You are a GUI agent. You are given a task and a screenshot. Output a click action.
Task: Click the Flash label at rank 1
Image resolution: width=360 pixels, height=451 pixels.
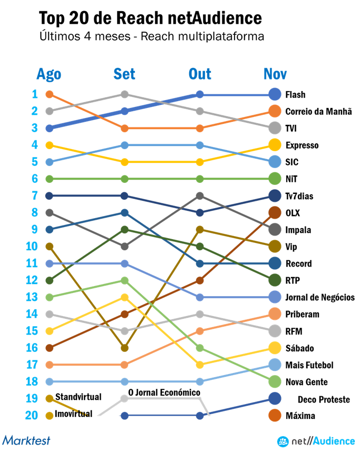coord(295,95)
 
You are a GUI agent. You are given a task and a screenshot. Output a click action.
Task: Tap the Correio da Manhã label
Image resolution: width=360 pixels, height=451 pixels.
coord(318,112)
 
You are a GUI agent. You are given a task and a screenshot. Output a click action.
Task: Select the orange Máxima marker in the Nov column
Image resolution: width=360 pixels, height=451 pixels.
coord(275,415)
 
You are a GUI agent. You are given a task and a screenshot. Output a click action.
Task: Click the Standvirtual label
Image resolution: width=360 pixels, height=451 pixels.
coord(78,396)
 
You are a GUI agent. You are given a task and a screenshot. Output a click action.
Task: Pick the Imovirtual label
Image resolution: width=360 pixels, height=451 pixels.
coord(73,414)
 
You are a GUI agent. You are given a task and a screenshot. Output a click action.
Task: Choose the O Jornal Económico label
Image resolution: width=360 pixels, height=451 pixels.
coord(164,393)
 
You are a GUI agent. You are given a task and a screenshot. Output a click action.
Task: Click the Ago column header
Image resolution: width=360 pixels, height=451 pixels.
coord(49,74)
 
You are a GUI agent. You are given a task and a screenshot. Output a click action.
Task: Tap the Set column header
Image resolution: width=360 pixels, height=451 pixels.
coord(124,74)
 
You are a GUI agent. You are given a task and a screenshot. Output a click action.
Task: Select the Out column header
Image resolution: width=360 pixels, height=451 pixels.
coord(200,74)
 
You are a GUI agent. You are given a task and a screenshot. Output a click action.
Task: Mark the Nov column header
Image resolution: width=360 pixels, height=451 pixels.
coord(275,74)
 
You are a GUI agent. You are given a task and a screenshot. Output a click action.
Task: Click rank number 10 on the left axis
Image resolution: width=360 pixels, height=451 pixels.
coord(31,246)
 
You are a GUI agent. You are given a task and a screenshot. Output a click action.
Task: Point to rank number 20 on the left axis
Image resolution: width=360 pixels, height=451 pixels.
coord(31,415)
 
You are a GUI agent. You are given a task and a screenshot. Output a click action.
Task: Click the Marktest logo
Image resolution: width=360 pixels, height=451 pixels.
coord(26,439)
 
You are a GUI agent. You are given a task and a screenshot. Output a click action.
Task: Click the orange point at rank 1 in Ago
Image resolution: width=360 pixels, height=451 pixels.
coord(49,94)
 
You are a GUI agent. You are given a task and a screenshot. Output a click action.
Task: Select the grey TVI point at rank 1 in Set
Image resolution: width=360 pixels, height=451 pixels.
coord(124,94)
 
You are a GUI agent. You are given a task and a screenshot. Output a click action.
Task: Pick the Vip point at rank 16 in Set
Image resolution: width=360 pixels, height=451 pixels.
coord(124,348)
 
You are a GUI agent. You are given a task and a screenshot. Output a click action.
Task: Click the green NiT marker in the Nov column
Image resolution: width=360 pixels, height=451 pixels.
coord(275,179)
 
